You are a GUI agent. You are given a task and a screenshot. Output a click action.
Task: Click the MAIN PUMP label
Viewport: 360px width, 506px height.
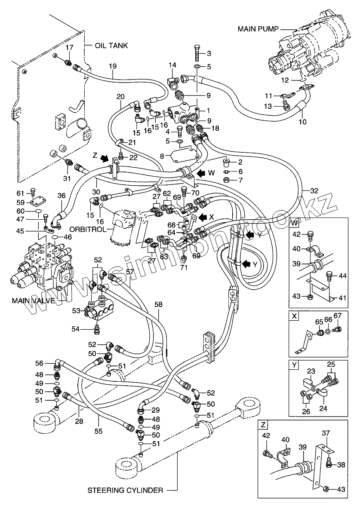pos(258,29)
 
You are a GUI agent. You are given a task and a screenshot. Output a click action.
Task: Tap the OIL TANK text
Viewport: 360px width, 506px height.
pos(111,46)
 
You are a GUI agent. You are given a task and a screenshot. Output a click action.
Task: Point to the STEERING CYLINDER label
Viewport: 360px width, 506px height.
pos(125,491)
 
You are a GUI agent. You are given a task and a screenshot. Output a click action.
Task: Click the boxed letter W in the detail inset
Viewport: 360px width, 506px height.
pos(293,223)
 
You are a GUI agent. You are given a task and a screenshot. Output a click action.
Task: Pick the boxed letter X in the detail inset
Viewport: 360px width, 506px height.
pos(294,316)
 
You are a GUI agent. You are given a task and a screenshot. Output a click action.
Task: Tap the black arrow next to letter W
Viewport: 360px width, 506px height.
pos(200,173)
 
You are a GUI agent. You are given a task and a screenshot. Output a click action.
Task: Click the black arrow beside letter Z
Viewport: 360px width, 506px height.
pos(104,158)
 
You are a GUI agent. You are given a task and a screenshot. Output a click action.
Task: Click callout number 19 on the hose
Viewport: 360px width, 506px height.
pos(112,67)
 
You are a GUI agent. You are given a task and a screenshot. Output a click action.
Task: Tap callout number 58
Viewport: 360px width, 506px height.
pos(159,304)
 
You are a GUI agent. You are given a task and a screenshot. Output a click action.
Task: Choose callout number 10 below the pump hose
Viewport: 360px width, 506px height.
pos(302,122)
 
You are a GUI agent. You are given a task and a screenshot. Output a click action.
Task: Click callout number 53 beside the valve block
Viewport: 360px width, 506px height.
pos(76,311)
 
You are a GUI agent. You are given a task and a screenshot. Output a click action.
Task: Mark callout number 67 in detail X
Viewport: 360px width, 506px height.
pos(338,316)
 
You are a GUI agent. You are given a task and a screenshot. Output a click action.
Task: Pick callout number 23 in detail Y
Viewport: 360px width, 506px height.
pos(311,371)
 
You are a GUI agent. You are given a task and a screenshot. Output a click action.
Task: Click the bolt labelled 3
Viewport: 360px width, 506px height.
pos(198,52)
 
